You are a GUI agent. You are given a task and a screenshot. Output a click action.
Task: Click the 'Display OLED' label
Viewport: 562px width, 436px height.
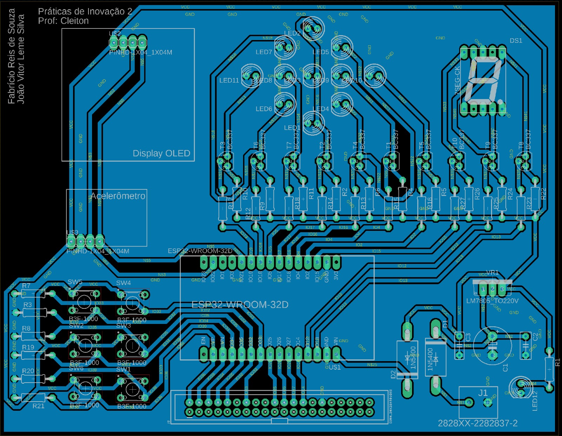coord(161,154)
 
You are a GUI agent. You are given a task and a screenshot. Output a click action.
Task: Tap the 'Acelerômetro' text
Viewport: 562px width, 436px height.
coord(118,196)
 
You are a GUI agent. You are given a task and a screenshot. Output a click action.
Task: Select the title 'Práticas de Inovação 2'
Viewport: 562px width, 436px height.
coord(85,12)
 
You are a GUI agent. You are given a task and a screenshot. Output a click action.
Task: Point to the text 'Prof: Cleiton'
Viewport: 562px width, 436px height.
coord(63,21)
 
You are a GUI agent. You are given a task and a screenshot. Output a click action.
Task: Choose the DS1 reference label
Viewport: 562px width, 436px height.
coord(516,41)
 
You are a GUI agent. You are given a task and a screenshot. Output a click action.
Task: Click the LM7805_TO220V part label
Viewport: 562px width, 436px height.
coord(492,301)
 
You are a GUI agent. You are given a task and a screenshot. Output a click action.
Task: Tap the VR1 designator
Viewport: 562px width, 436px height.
coord(492,273)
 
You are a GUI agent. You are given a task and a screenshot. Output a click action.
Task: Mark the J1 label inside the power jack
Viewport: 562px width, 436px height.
coord(483,393)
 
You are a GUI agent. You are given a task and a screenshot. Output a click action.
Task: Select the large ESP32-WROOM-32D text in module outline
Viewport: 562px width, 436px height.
coord(240,305)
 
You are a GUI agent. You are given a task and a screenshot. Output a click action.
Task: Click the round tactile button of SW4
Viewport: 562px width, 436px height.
coord(132,302)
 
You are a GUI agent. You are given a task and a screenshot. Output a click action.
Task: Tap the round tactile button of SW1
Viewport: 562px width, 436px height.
coord(132,389)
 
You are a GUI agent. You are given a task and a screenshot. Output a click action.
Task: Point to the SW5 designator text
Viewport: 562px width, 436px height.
coord(75,282)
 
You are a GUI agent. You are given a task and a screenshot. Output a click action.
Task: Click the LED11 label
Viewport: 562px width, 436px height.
coord(229,80)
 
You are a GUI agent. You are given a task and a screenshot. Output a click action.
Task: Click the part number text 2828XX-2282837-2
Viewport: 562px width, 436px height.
coord(478,423)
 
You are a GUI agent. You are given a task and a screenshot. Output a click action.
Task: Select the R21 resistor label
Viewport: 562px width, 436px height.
coord(38,406)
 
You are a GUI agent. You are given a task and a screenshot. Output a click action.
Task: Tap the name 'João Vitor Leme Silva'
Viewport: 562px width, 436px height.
coord(21,59)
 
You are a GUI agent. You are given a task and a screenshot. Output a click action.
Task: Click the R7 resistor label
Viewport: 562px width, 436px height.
coord(26,286)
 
